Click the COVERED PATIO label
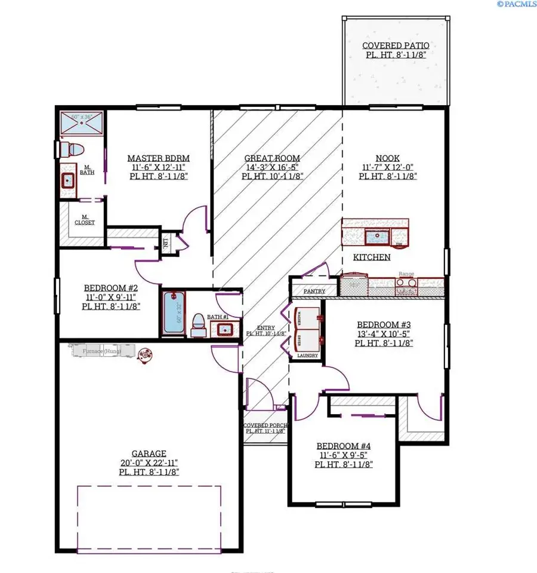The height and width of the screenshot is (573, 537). point(396,46)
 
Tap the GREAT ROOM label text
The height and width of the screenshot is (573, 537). point(273,158)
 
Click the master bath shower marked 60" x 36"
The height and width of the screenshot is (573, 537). point(81,125)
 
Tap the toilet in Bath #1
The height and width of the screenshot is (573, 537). point(198,325)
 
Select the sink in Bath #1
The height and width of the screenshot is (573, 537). point(225,329)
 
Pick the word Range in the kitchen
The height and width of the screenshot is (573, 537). point(406,274)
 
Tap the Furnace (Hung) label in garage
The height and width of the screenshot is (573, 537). point(98,351)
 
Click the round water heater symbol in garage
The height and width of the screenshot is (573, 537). point(144,355)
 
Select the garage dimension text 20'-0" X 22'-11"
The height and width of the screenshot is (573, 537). point(149,462)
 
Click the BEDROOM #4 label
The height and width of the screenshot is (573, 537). point(344,446)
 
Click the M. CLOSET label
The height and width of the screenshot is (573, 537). point(85,220)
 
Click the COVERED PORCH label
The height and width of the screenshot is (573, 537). point(265,427)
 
